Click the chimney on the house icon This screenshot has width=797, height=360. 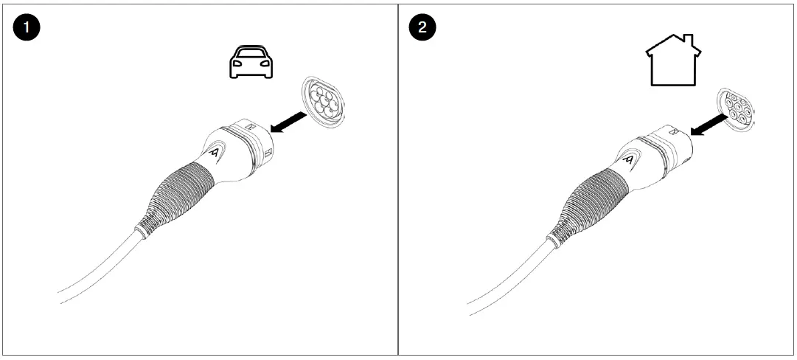tap(687, 41)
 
